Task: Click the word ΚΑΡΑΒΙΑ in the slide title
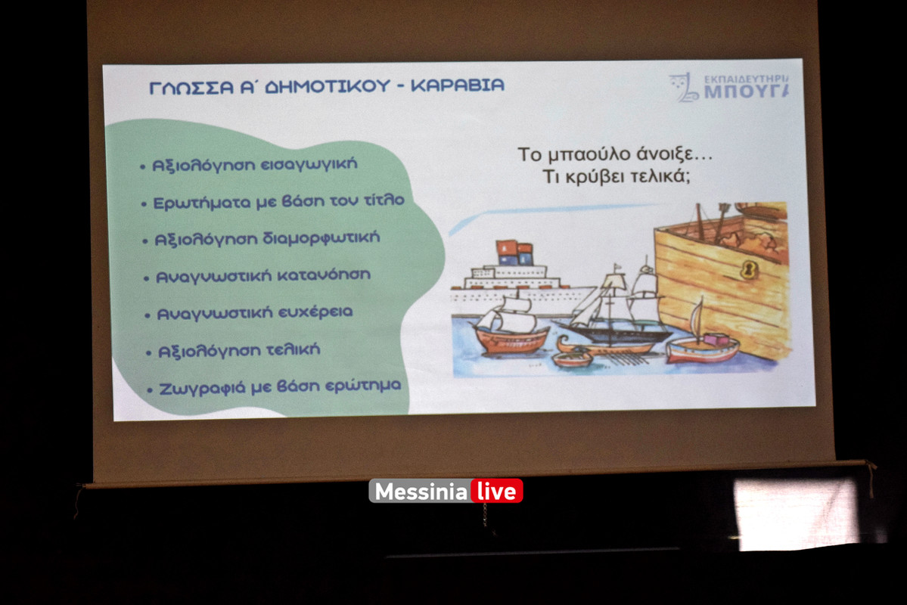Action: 457,85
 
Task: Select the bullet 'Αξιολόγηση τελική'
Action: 238,350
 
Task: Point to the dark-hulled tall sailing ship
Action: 617,314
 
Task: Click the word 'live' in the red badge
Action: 496,492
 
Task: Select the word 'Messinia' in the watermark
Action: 421,492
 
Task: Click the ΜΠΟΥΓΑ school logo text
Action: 745,92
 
